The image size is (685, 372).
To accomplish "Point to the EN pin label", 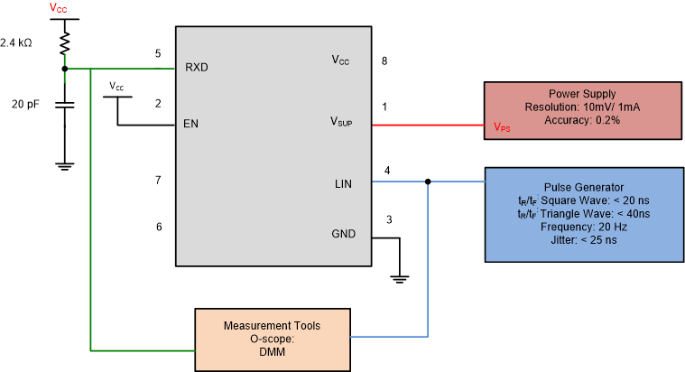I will (190, 124).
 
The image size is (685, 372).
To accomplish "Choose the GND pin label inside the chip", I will (342, 234).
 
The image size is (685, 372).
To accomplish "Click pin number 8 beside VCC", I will (385, 61).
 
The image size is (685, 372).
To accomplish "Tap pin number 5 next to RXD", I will (158, 54).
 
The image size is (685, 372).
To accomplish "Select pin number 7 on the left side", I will (158, 181).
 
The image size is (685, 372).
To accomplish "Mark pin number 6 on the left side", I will (158, 227).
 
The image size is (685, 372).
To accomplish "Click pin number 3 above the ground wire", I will (389, 219).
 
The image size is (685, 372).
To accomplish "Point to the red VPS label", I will (502, 128).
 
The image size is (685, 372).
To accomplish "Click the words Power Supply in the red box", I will (582, 94).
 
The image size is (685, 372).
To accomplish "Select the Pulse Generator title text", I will (582, 187).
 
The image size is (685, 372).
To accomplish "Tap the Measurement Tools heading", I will (272, 325).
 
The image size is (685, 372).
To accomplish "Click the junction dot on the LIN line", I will (427, 181).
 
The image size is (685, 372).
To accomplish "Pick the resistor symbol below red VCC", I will (64, 43).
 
